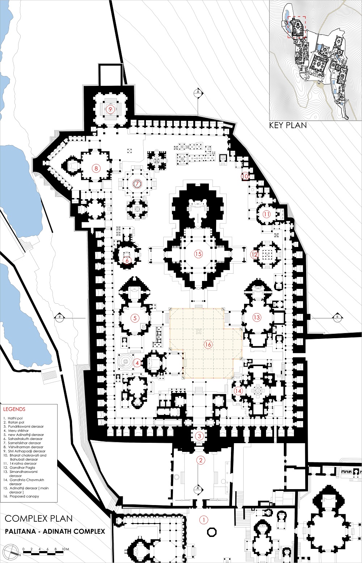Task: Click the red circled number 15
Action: (198, 254)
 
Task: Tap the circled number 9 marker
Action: (110, 109)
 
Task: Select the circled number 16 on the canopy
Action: (208, 344)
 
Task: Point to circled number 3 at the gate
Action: (199, 436)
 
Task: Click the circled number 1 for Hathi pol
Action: (204, 520)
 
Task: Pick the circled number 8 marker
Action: (96, 168)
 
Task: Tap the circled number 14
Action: (238, 391)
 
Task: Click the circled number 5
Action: (135, 318)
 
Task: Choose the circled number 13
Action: (257, 317)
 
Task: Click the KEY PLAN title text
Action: (288, 125)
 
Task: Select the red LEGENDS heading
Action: (14, 409)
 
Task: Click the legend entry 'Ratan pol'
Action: (16, 423)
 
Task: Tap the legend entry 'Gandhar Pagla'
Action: (22, 468)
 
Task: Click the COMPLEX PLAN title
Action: (39, 518)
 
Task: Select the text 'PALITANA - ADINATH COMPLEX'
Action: (55, 532)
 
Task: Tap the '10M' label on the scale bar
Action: (66, 549)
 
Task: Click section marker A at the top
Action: (198, 92)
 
